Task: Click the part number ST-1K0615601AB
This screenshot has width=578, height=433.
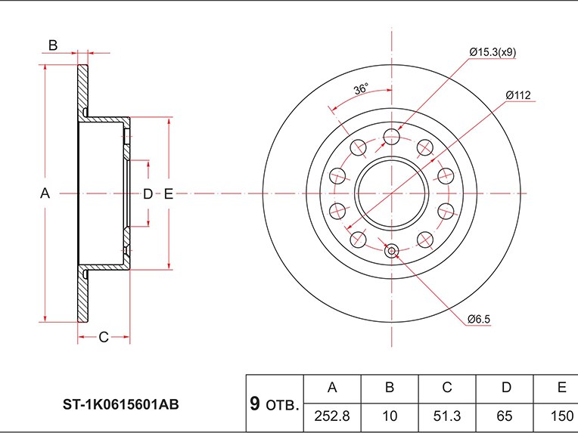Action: tap(121, 404)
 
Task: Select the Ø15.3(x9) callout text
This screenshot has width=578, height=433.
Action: tap(493, 52)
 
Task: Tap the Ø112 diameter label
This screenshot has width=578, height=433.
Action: tap(519, 95)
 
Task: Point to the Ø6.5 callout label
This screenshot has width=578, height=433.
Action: tap(479, 319)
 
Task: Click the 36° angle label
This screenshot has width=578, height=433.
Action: tap(360, 89)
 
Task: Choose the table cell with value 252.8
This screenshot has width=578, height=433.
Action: tap(331, 415)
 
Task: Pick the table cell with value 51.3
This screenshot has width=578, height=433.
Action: tap(447, 415)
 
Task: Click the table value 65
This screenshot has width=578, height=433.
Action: tap(505, 415)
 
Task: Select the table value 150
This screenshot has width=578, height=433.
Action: tap(561, 415)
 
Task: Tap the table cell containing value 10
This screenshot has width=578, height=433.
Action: tap(390, 415)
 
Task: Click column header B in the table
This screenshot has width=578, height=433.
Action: tap(390, 388)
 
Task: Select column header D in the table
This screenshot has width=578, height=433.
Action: tap(505, 388)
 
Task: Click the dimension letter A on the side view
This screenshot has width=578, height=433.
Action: tap(45, 194)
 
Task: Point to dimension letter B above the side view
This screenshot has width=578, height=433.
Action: tap(53, 45)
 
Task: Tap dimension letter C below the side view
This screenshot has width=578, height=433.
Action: tap(104, 336)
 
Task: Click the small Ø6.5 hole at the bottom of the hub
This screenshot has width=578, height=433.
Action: tap(392, 252)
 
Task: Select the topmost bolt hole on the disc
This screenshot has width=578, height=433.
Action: tap(391, 137)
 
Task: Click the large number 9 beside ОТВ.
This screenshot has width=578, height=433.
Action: tap(255, 404)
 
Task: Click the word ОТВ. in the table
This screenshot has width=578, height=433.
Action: tap(282, 406)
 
